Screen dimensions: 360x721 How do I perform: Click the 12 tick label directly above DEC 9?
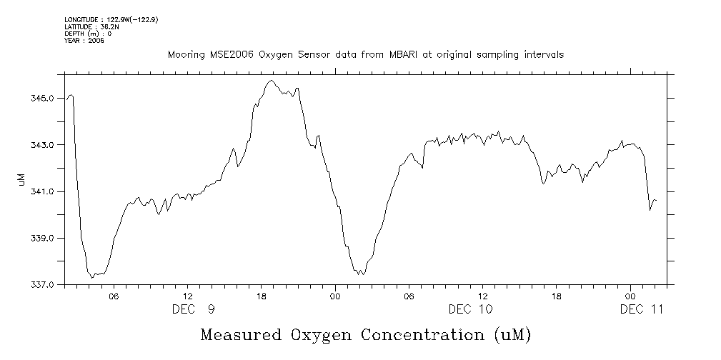pos(188,296)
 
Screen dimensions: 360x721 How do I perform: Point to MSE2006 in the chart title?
pos(225,54)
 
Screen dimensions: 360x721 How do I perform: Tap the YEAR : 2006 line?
pos(84,41)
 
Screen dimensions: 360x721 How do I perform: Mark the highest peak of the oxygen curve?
pos(271,81)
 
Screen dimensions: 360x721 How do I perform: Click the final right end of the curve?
pos(655,201)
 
